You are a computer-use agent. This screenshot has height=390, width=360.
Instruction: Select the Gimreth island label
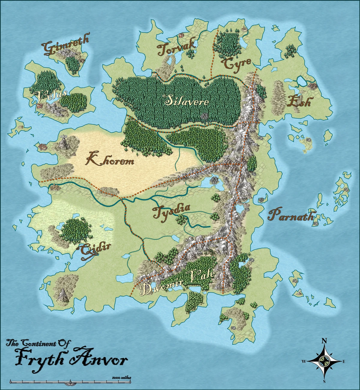point(66,46)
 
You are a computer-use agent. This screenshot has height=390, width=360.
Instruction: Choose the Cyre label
point(236,63)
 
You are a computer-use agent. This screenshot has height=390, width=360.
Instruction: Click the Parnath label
point(291,215)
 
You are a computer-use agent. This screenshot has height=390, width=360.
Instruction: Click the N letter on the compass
point(324,340)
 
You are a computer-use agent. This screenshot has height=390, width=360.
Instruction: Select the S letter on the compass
point(324,381)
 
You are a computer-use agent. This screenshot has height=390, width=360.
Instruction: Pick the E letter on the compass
point(344,361)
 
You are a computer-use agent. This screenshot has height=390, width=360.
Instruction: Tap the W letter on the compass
point(304,361)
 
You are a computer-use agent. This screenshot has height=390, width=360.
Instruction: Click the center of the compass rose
point(324,361)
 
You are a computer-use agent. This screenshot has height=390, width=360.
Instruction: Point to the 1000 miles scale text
point(121,377)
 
